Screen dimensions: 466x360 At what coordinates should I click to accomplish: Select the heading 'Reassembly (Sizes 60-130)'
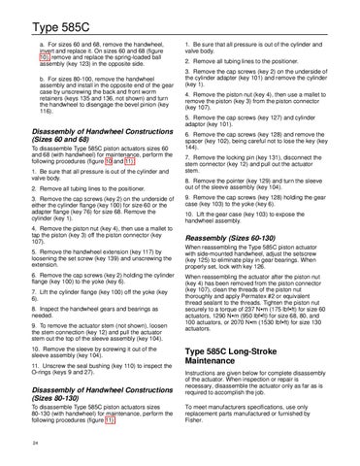click(x=245, y=239)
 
